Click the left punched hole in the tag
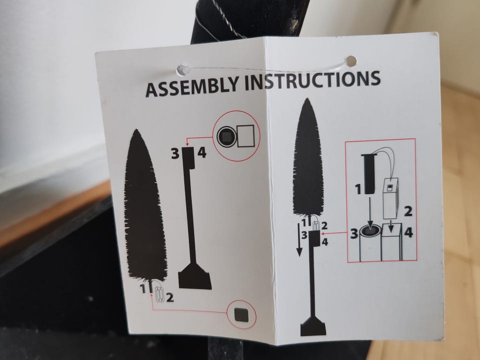(x=183, y=70)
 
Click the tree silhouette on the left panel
(x=145, y=205)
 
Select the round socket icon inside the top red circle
(x=226, y=135)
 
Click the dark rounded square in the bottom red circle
(x=241, y=314)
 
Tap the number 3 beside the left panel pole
(x=175, y=153)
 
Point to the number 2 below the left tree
(x=170, y=297)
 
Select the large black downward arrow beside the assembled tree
(x=299, y=239)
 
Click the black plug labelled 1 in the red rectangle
(x=368, y=174)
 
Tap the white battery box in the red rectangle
(x=391, y=197)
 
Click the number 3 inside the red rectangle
(x=354, y=233)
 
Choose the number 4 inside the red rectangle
(x=408, y=232)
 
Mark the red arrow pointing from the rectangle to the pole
(x=335, y=233)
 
